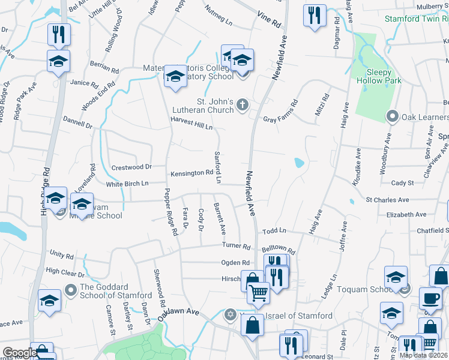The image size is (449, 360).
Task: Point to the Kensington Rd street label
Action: [x=193, y=173]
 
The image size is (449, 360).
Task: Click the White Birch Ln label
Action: [x=127, y=184]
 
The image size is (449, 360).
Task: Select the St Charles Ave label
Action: [x=387, y=200]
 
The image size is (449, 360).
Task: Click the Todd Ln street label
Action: [x=274, y=230]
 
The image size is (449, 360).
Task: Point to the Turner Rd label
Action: [x=235, y=245]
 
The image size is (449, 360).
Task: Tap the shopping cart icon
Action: [x=259, y=293]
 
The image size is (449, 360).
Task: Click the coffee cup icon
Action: [x=429, y=298]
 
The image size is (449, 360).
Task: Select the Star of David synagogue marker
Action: [x=230, y=315]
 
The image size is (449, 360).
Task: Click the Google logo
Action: [x=19, y=353]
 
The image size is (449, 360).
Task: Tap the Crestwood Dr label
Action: [x=131, y=167]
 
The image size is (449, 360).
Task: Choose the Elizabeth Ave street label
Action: [x=406, y=214]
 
